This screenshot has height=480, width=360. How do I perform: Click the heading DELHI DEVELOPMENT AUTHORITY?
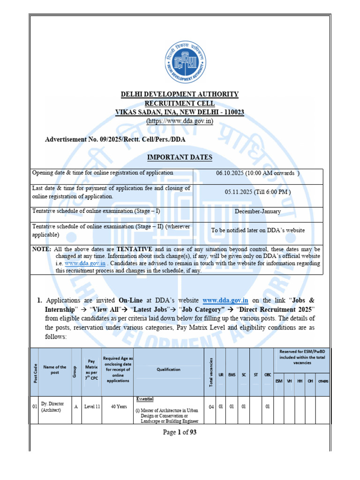(x=180, y=94)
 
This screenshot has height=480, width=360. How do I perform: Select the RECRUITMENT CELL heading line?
(x=180, y=104)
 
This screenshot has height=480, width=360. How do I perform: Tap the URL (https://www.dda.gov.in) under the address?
(x=180, y=121)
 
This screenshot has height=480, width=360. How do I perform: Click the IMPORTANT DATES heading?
(x=180, y=157)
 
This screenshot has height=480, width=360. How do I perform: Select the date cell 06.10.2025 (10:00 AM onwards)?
(x=258, y=173)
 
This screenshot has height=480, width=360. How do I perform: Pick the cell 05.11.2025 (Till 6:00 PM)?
(x=258, y=192)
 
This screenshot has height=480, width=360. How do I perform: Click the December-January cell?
(x=258, y=211)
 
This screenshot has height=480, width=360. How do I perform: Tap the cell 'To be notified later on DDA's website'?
(x=258, y=230)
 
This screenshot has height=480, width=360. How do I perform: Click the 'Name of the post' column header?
(x=55, y=369)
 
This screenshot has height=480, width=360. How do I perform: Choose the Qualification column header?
(x=168, y=369)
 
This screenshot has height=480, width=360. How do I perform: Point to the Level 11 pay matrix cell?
(x=92, y=406)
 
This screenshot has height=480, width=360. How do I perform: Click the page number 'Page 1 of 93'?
(x=180, y=433)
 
